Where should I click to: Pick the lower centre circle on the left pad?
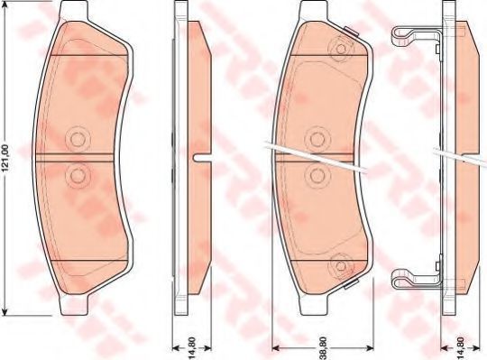[78, 176]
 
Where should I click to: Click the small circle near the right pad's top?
[341, 49]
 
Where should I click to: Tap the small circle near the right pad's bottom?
[341, 266]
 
